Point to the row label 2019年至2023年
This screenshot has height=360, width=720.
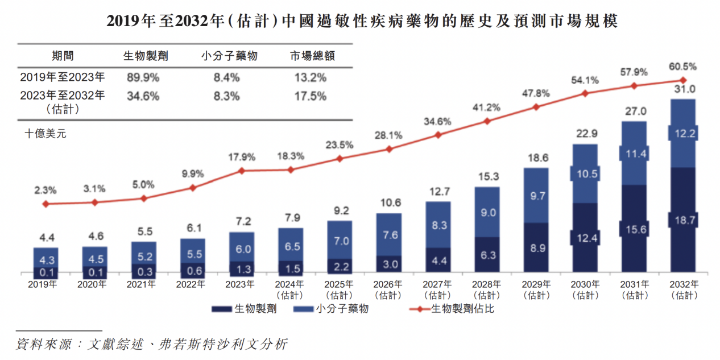pyautogui.click(x=63, y=77)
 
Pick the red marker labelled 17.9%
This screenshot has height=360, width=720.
pyautogui.click(x=242, y=170)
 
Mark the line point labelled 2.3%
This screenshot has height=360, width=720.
pyautogui.click(x=46, y=204)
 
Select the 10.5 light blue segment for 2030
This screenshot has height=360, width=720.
pyautogui.click(x=585, y=174)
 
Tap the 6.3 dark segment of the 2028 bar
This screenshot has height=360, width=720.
pyautogui.click(x=487, y=254)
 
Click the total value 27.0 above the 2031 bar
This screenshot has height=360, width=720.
pyautogui.click(x=634, y=111)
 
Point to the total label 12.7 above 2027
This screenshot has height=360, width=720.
pyautogui.click(x=438, y=192)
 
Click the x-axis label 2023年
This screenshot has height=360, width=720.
pyautogui.click(x=242, y=284)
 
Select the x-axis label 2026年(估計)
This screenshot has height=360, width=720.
pyautogui.click(x=389, y=289)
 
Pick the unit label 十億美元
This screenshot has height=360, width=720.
pyautogui.click(x=45, y=134)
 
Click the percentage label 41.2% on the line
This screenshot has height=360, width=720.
pyautogui.click(x=487, y=107)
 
